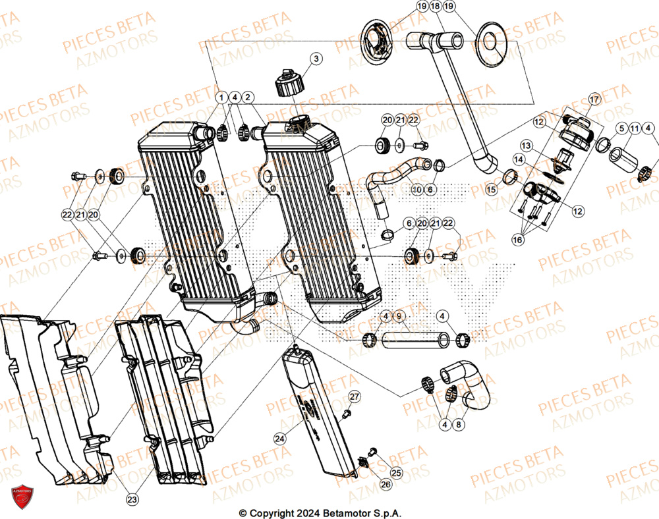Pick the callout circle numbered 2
248,97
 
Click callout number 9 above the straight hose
398,316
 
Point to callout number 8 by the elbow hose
459,425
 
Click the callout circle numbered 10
416,190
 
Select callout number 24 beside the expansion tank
279,438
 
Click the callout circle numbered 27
355,396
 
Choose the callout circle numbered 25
395,474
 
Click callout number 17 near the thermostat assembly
594,100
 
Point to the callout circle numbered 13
526,144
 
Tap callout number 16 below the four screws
518,240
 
